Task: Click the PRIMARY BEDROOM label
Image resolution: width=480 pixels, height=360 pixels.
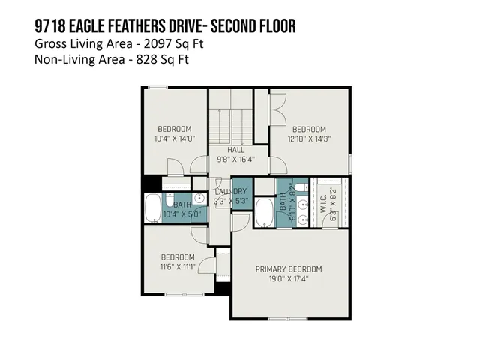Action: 288,268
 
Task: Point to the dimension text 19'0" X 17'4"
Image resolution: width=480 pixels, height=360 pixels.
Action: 288,278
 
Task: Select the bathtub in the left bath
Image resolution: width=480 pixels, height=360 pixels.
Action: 153,208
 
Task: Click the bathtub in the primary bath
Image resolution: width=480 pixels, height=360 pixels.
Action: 265,213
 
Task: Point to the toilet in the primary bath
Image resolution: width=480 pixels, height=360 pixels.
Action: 300,189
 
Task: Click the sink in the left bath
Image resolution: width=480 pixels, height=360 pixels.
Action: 199,199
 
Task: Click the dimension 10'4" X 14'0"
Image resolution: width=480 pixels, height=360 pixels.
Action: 174,138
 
